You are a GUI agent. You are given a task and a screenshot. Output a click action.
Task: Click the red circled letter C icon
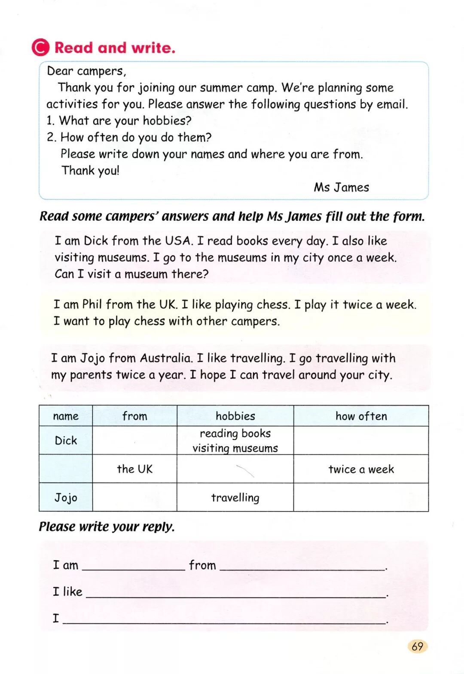(x=41, y=47)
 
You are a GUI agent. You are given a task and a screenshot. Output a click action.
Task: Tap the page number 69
(x=417, y=646)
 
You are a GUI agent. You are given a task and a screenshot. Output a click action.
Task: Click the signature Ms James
(x=341, y=187)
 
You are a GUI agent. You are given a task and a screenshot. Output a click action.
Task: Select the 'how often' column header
(x=361, y=416)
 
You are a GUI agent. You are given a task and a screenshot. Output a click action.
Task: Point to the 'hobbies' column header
(x=235, y=416)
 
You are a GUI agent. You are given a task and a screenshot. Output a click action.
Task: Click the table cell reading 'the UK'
(x=134, y=469)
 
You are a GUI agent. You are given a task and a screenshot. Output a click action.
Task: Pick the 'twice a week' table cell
(x=361, y=469)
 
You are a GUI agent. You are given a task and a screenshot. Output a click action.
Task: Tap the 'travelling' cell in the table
(x=235, y=498)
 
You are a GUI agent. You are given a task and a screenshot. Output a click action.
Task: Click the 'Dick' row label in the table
(x=66, y=441)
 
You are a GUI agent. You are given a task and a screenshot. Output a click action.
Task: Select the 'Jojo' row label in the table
(x=66, y=498)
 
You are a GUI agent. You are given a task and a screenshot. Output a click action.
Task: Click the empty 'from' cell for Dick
(x=134, y=441)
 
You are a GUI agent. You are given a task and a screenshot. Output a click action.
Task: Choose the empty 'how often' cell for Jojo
(x=361, y=498)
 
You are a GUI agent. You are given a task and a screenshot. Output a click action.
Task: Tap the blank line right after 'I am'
(x=133, y=566)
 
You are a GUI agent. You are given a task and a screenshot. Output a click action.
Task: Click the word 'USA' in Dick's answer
(x=177, y=241)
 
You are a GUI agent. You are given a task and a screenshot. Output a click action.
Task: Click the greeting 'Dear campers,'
(x=86, y=71)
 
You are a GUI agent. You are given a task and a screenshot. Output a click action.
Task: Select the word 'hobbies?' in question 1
(x=167, y=121)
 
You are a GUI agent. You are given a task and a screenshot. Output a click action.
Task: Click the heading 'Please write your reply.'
(x=107, y=527)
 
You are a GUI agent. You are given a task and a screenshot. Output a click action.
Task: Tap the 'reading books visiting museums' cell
(x=235, y=441)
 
